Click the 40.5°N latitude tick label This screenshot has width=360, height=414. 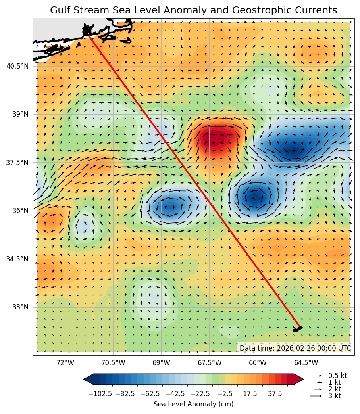click(17, 66)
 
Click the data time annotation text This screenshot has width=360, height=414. click(295, 348)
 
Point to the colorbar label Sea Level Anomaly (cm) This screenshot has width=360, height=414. click(193, 404)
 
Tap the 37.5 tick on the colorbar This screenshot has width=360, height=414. click(275, 394)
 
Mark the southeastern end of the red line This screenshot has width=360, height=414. click(300, 328)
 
